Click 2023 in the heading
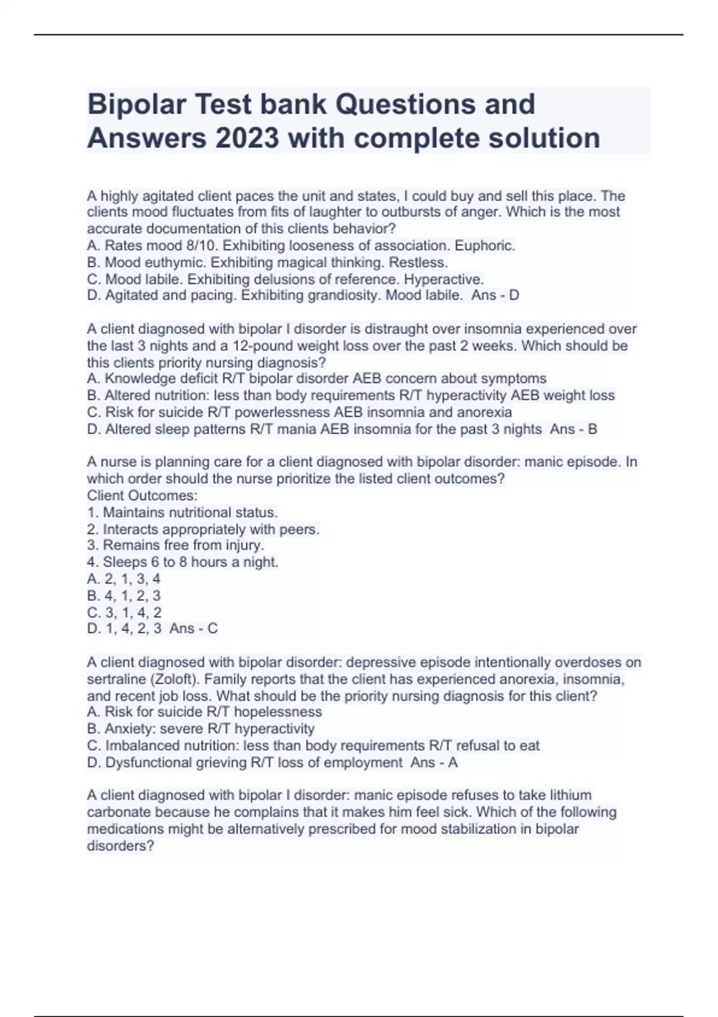[247, 139]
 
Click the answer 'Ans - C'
[193, 629]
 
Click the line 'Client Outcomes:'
[142, 496]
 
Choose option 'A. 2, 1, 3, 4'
[124, 579]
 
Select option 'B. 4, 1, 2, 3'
[124, 596]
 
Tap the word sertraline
[116, 680]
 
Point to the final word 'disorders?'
[120, 847]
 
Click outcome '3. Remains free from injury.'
[175, 546]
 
